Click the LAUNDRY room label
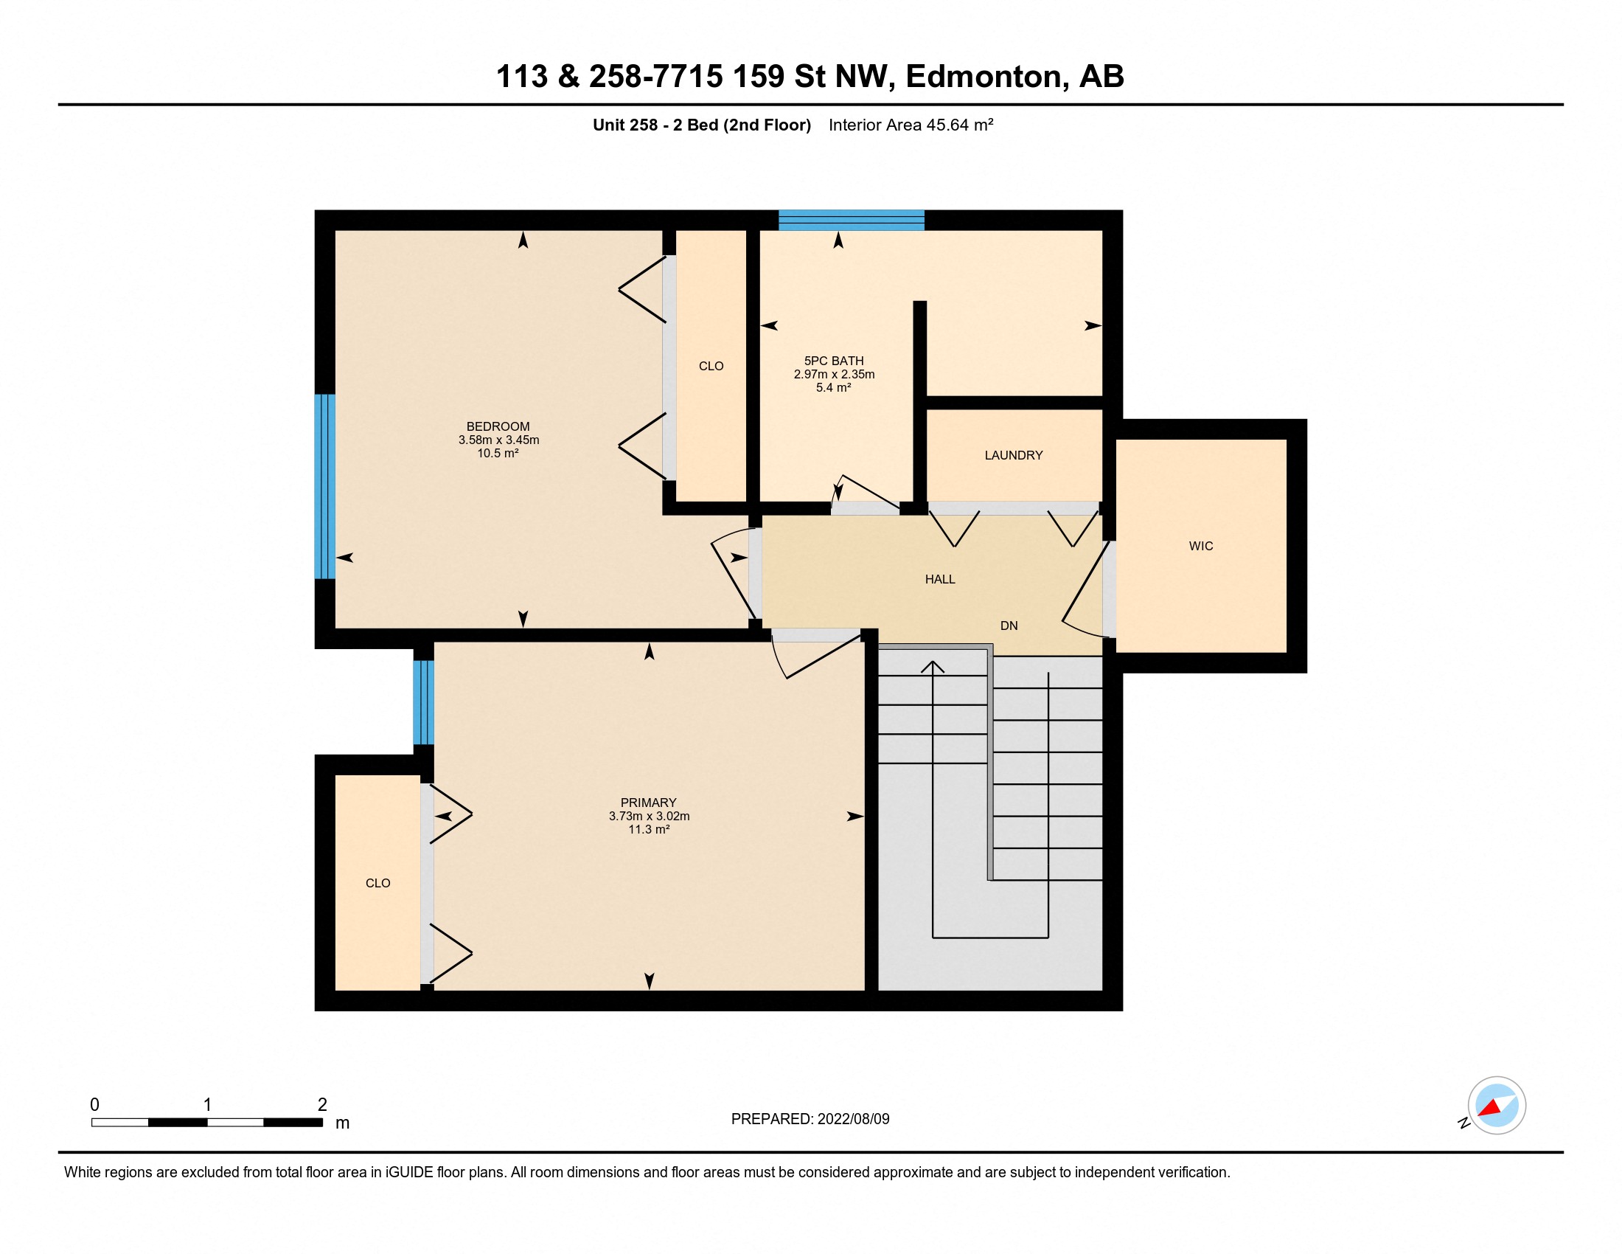pyautogui.click(x=1013, y=455)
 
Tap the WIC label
pyautogui.click(x=1200, y=546)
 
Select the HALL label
pyautogui.click(x=939, y=580)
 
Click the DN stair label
pyautogui.click(x=1008, y=626)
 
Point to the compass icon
pyautogui.click(x=1496, y=1106)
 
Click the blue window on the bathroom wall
pyautogui.click(x=851, y=221)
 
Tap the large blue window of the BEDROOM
pyautogui.click(x=324, y=487)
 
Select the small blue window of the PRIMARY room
pyautogui.click(x=423, y=702)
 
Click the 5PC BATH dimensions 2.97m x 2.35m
pyautogui.click(x=833, y=375)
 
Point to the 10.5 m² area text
pyautogui.click(x=498, y=453)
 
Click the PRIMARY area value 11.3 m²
pyautogui.click(x=648, y=829)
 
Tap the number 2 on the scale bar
pyautogui.click(x=322, y=1105)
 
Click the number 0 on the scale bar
pyautogui.click(x=94, y=1105)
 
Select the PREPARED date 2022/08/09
pyautogui.click(x=852, y=1119)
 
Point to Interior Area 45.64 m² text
pyautogui.click(x=911, y=125)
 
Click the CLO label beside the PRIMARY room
pyautogui.click(x=377, y=883)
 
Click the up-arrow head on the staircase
pyautogui.click(x=932, y=666)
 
